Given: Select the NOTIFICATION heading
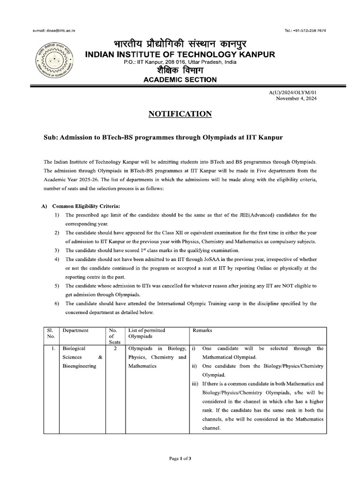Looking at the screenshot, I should (x=180, y=114).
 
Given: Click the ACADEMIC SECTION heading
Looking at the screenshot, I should (x=180, y=80).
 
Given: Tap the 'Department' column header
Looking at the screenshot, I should (x=75, y=330).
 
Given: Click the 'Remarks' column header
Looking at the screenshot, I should (x=202, y=330).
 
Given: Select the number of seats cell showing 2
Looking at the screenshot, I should (x=115, y=349).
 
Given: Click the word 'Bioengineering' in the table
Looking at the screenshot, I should (x=79, y=366).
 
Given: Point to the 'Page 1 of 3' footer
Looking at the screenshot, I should (x=180, y=458).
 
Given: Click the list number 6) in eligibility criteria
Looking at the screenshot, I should (x=57, y=303).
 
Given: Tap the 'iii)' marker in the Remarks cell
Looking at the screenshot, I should (x=195, y=384).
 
